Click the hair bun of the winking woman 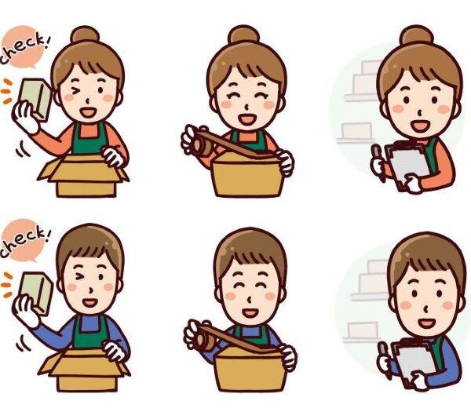[x=85, y=35]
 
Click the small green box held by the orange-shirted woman [x=35, y=99]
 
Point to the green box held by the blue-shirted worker [x=36, y=293]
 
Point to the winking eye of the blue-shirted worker [x=80, y=276]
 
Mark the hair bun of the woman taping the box [x=243, y=35]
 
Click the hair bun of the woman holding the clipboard [x=417, y=35]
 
